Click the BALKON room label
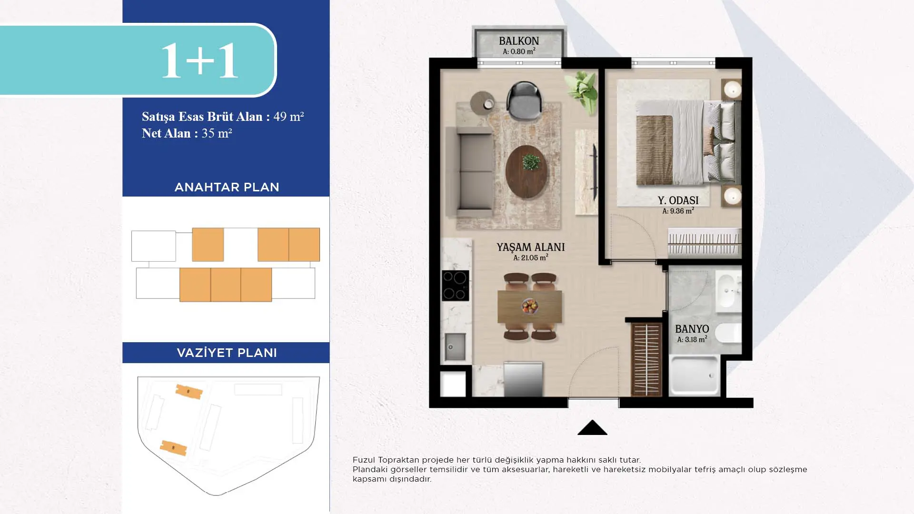[x=519, y=41]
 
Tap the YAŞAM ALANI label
[x=531, y=247]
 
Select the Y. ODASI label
[x=678, y=200]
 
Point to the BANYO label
[x=692, y=329]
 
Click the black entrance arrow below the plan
[x=592, y=427]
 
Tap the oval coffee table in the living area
[x=526, y=171]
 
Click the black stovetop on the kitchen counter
[x=456, y=286]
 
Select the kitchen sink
[x=455, y=346]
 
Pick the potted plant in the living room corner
[x=581, y=92]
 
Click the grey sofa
[x=469, y=171]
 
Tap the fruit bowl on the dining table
[x=529, y=306]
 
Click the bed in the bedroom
[x=688, y=142]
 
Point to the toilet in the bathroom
[x=728, y=333]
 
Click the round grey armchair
[x=524, y=100]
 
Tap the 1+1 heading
[x=199, y=60]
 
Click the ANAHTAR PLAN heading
[x=227, y=187]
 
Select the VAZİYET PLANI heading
[x=227, y=353]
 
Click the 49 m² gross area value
[x=288, y=117]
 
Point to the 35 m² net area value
[x=217, y=133]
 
